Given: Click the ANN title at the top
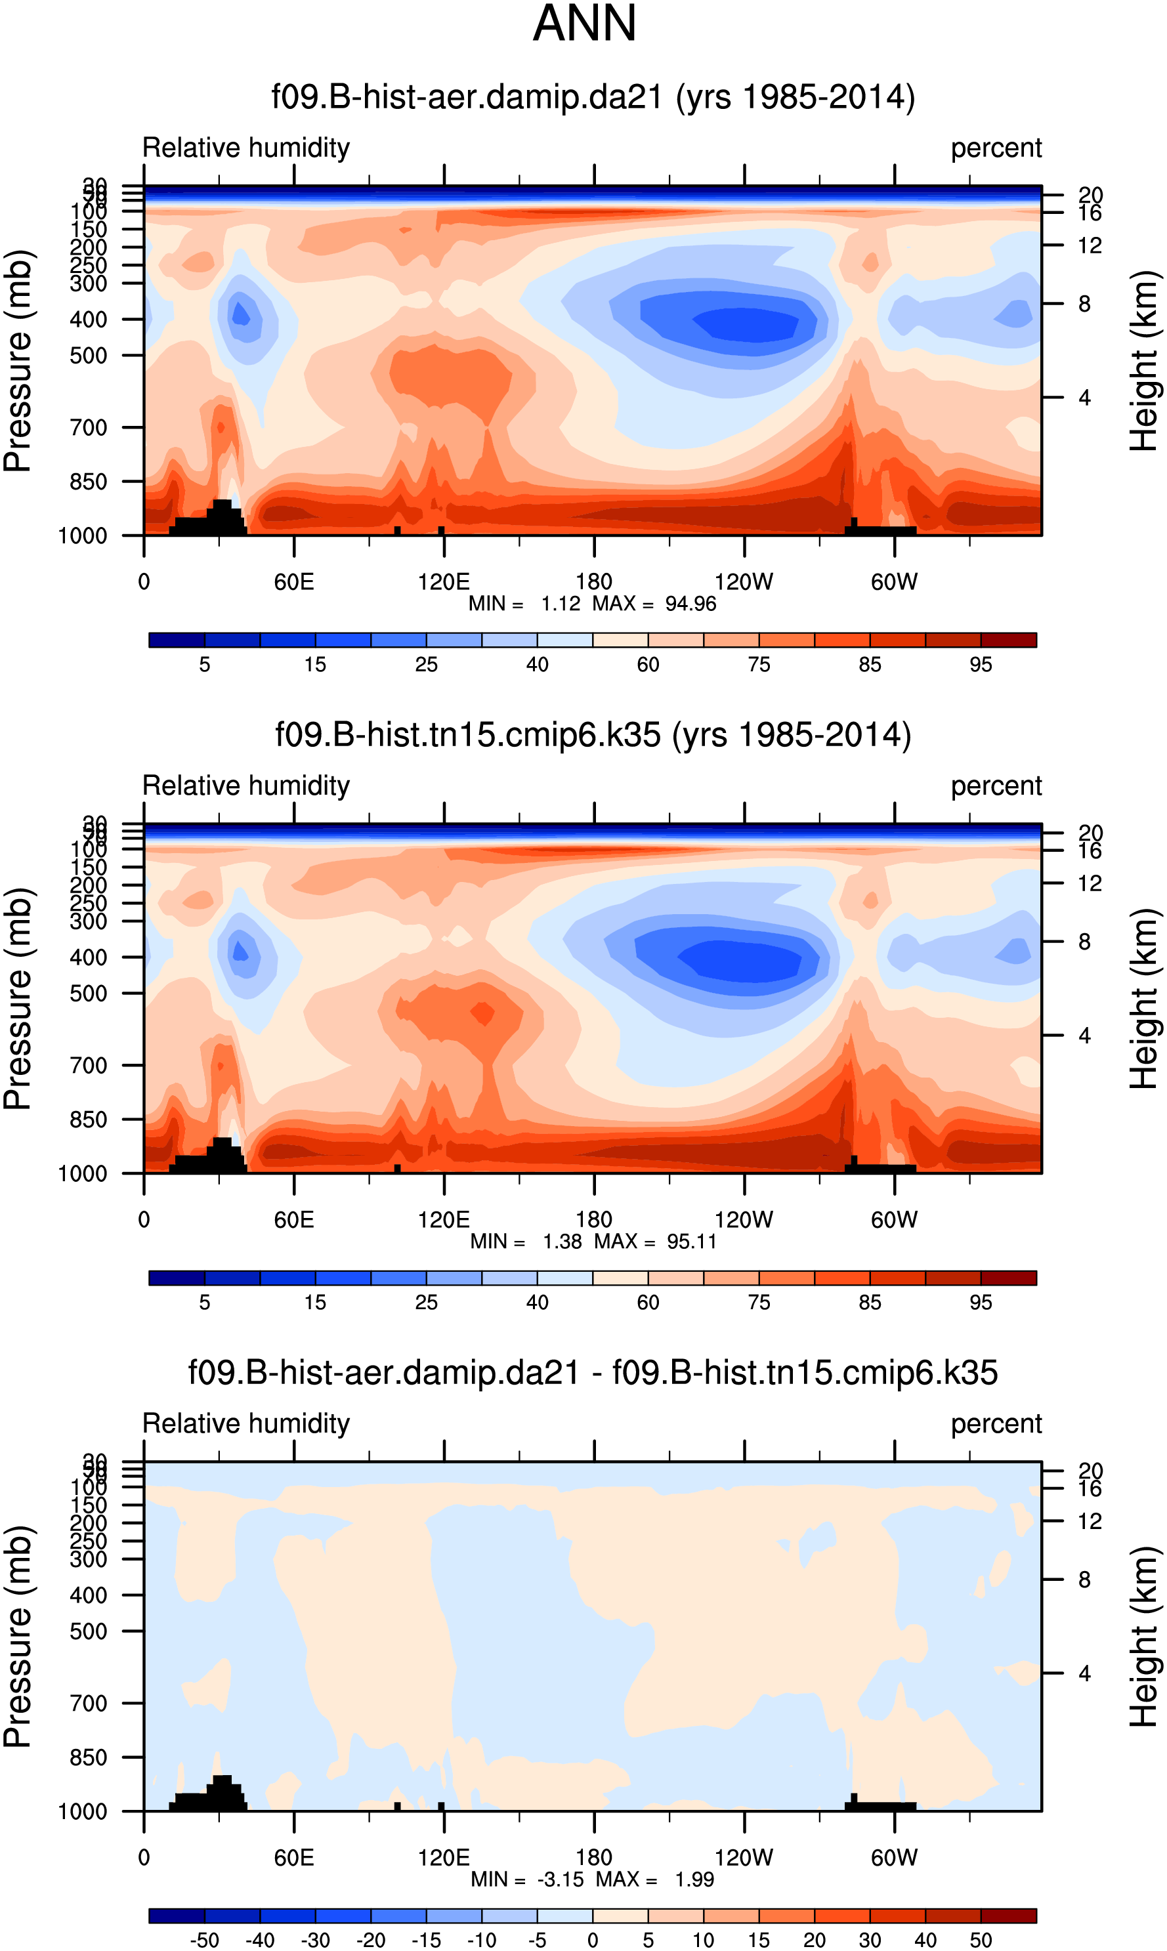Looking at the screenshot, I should pyautogui.click(x=584, y=24).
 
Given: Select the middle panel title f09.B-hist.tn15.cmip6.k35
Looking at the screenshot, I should pyautogui.click(x=592, y=735).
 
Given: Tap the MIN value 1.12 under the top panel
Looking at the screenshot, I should pyautogui.click(x=560, y=604).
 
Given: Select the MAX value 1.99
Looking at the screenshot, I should pyautogui.click(x=694, y=1879).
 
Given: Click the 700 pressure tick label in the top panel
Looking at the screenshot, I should pyautogui.click(x=88, y=428).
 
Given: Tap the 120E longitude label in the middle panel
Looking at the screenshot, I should pyautogui.click(x=443, y=1220).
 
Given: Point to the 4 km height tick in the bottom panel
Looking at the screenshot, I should pyautogui.click(x=1084, y=1673).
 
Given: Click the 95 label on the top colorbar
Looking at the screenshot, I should pyautogui.click(x=980, y=665).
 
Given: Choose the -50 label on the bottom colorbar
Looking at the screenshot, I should pyautogui.click(x=205, y=1940).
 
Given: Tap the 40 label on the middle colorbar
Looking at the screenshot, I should pyautogui.click(x=537, y=1303).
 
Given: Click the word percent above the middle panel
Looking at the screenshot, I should pyautogui.click(x=996, y=786).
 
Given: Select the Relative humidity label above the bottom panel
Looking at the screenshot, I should pyautogui.click(x=245, y=1423).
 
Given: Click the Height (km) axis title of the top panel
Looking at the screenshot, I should pyautogui.click(x=1144, y=362).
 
